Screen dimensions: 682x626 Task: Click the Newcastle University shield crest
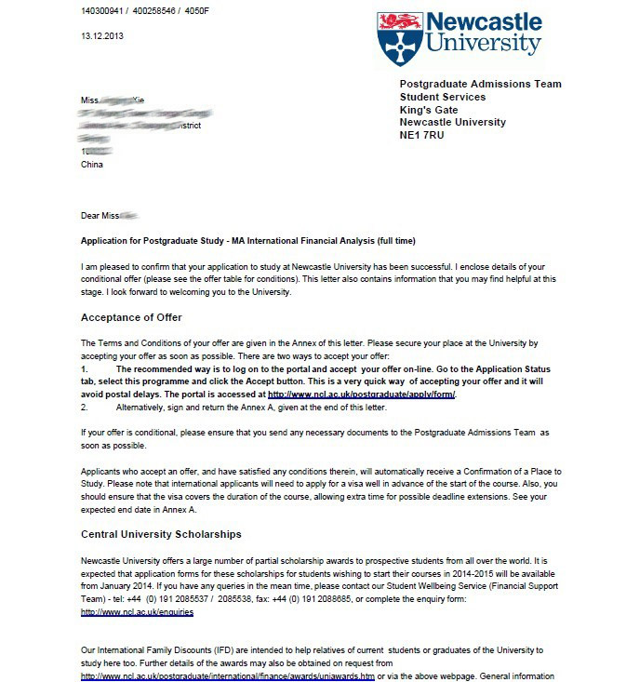394,37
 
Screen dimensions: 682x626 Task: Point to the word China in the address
93,164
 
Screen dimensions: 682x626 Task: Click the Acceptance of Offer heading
131,317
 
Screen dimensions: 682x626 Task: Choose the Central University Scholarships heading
161,534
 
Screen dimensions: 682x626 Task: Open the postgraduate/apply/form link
363,394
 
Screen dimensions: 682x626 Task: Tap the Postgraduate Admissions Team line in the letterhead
480,85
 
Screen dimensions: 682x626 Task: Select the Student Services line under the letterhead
442,97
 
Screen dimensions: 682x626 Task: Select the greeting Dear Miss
101,216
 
